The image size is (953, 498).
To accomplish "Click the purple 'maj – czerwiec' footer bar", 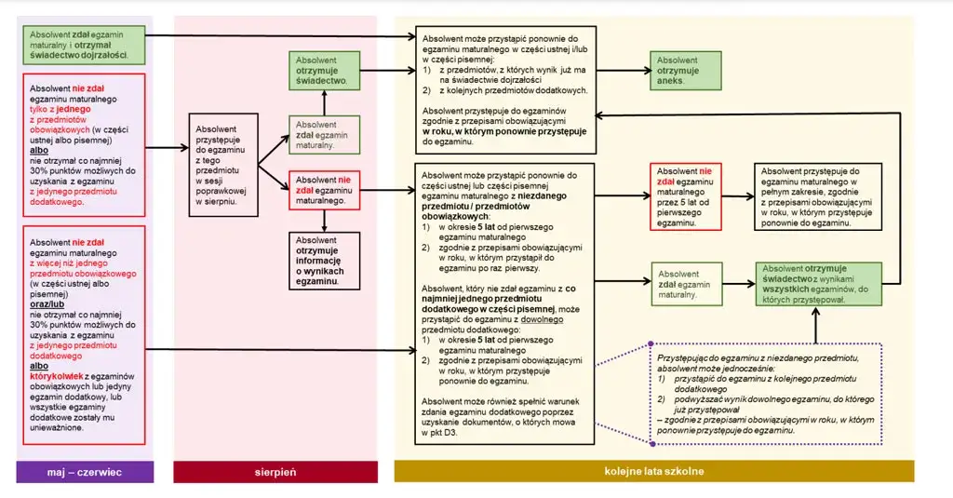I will click(x=85, y=472).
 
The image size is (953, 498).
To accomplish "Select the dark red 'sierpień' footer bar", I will click(x=275, y=472).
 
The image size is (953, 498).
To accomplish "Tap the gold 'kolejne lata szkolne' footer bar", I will click(x=654, y=472).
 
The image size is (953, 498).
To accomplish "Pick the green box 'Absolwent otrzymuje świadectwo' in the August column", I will click(x=324, y=71).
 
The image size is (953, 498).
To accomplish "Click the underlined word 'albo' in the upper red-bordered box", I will click(x=39, y=150).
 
